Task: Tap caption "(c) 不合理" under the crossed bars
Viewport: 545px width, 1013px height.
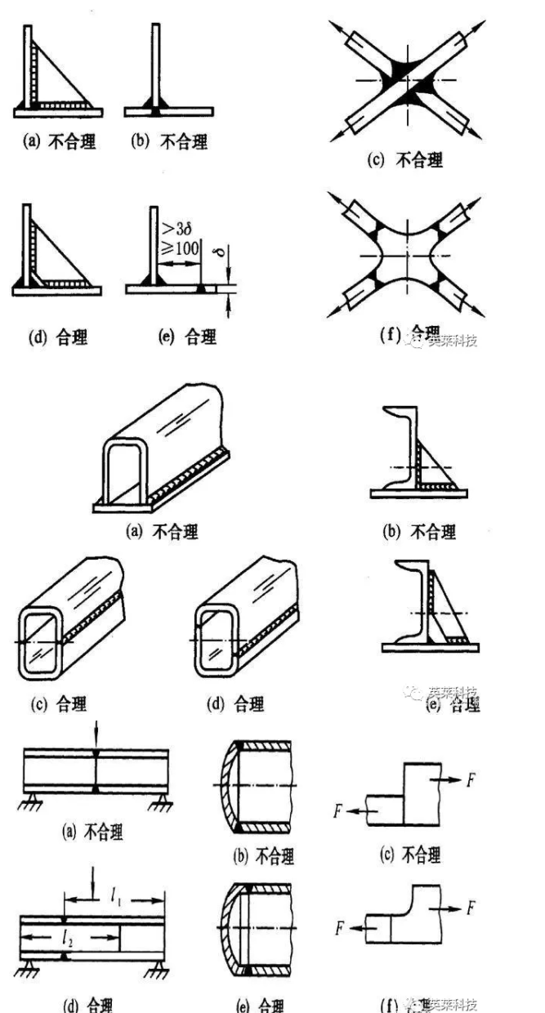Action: pyautogui.click(x=406, y=160)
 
